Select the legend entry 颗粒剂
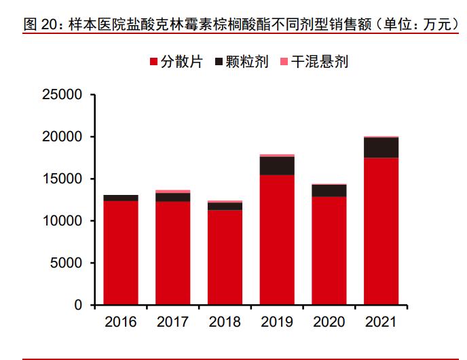[x=241, y=62]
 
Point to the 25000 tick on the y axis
[x=62, y=95]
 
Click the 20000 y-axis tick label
[x=62, y=137]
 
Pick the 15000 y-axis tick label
[x=62, y=179]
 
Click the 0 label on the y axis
[x=78, y=306]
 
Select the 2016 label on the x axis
[x=121, y=322]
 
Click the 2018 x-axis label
[x=225, y=322]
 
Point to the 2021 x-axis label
[x=381, y=322]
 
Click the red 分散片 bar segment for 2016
[x=121, y=253]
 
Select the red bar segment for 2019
[x=277, y=240]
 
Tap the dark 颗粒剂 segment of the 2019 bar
[x=277, y=166]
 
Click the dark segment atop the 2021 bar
[x=381, y=147]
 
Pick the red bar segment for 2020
[x=329, y=251]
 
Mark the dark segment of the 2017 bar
[x=172, y=197]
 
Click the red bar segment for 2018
[x=225, y=257]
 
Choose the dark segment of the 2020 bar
[x=329, y=190]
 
